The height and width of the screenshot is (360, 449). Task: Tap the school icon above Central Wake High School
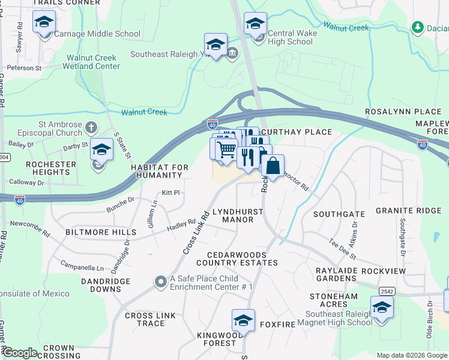[x=255, y=24]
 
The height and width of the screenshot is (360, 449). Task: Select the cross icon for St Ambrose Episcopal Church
[x=91, y=127]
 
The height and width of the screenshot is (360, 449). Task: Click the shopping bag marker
[x=273, y=166]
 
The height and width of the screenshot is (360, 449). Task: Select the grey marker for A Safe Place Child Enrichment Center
[x=160, y=281]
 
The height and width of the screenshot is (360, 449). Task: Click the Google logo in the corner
[x=20, y=353]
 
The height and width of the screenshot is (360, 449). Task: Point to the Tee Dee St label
[x=343, y=247]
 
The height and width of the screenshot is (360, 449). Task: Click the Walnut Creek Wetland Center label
[x=93, y=62]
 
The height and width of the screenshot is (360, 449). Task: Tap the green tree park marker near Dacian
[x=417, y=27]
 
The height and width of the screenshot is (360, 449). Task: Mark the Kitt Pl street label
[x=171, y=193]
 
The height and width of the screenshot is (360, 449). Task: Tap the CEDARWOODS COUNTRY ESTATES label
[x=234, y=259]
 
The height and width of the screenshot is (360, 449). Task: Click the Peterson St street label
[x=23, y=68]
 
